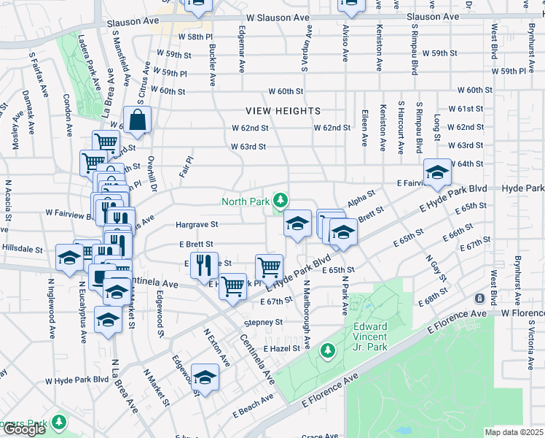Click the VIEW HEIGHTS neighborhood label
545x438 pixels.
(x=283, y=111)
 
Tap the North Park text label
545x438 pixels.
(x=245, y=201)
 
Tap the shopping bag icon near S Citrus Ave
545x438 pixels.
(x=137, y=120)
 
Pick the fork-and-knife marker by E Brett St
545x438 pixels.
(x=205, y=266)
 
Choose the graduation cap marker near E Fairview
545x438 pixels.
(x=437, y=172)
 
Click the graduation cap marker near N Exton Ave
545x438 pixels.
(x=205, y=377)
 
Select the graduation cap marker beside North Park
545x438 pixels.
(x=297, y=223)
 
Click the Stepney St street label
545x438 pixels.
(x=263, y=322)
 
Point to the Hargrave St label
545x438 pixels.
(x=193, y=225)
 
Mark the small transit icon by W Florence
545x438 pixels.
(x=479, y=299)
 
